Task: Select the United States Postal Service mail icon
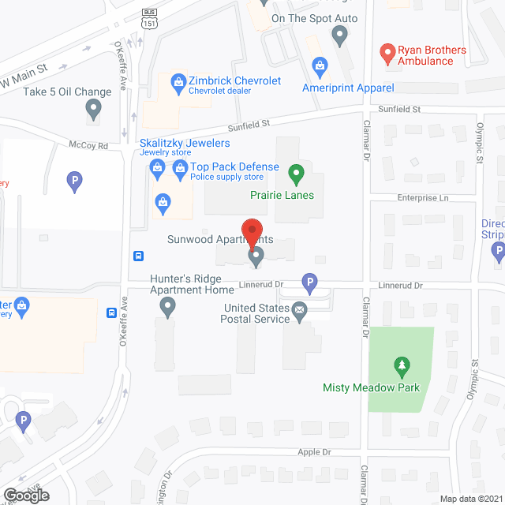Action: [299, 313]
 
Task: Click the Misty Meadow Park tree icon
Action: [402, 366]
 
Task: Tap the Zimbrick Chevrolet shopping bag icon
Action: [178, 81]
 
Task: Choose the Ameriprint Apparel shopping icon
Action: [320, 65]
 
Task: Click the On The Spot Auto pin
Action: [339, 35]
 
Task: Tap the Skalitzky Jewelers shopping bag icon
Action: [157, 167]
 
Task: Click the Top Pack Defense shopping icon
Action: [180, 167]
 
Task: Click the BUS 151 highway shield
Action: [149, 18]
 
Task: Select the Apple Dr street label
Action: [314, 452]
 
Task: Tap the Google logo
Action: [25, 495]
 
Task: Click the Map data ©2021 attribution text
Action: [470, 499]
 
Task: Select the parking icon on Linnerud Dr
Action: [310, 282]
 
